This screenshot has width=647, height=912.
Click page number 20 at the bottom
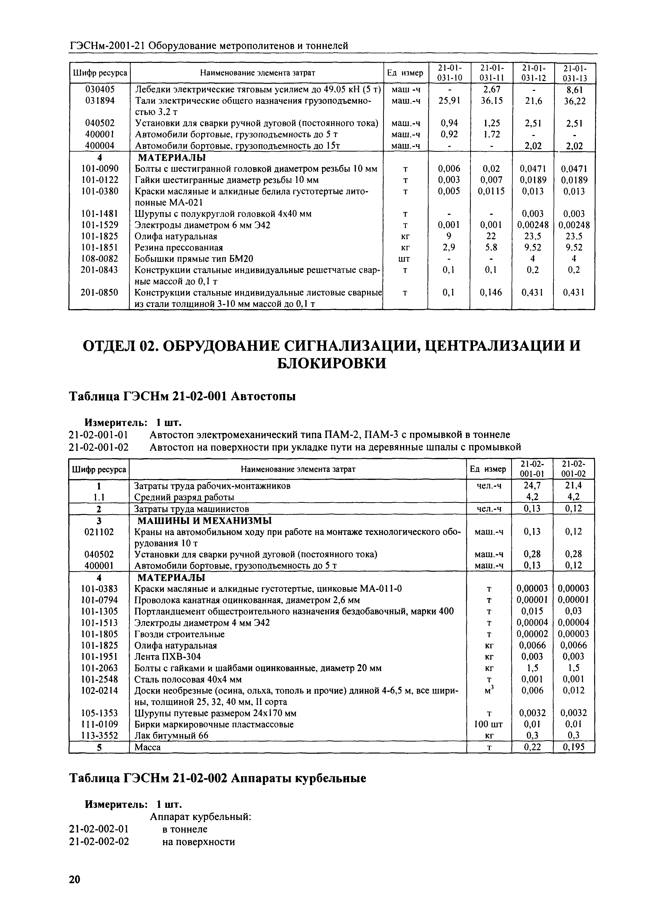75,876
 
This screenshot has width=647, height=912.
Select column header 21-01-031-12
533,73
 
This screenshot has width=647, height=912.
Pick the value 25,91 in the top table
449,101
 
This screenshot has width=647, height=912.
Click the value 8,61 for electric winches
574,90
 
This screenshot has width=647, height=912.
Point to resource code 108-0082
100,259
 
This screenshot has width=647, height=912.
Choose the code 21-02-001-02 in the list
99,447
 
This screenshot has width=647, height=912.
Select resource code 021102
100,532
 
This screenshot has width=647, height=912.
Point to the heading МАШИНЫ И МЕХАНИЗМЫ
205,521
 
